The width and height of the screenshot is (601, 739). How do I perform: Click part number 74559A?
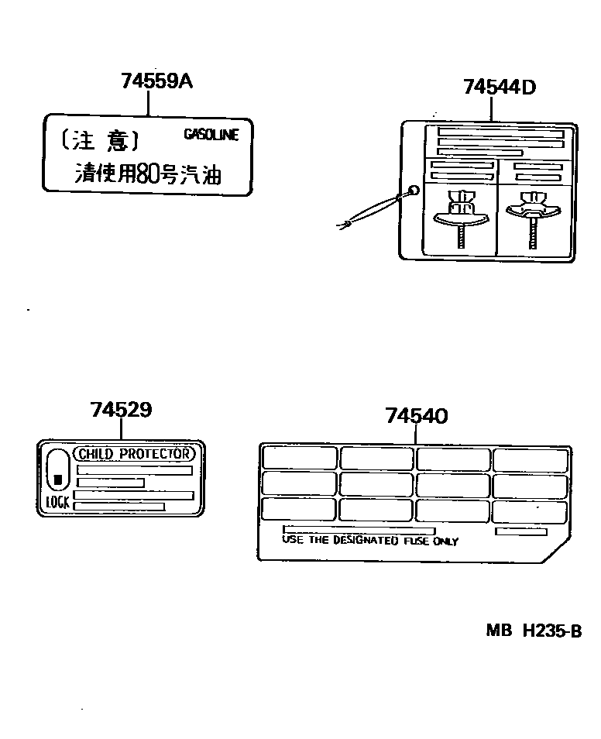(x=156, y=80)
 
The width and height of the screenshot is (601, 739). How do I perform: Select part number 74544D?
(x=500, y=87)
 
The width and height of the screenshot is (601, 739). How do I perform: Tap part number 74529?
(x=121, y=410)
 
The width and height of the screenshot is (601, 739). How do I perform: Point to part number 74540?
(x=416, y=416)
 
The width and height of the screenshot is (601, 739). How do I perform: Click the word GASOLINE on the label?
(x=211, y=134)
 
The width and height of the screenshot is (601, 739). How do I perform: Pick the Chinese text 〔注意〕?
(x=99, y=140)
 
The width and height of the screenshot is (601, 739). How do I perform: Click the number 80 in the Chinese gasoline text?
(x=147, y=174)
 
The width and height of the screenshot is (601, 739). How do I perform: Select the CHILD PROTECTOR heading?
(x=134, y=454)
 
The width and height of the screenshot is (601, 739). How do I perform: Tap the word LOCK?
(x=57, y=502)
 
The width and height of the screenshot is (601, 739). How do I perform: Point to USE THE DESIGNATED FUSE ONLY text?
(x=370, y=541)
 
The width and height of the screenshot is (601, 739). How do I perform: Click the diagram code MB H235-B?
(x=534, y=631)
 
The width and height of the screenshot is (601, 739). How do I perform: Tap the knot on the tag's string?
(x=349, y=225)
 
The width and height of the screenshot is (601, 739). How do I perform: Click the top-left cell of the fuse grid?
(x=299, y=458)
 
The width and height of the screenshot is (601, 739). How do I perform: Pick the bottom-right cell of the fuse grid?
(x=530, y=510)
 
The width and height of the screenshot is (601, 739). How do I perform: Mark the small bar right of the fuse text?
(x=520, y=532)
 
